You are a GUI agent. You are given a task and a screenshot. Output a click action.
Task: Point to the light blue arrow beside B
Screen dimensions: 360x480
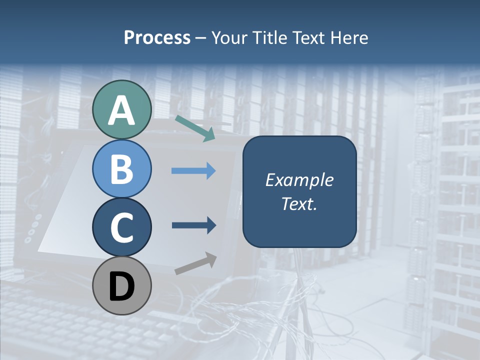click(193, 171)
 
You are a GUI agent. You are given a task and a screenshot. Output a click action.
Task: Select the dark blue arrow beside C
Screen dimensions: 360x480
click(193, 225)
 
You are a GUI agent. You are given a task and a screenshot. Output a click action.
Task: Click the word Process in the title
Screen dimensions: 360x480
click(157, 37)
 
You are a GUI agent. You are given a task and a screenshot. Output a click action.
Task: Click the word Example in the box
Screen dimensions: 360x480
click(299, 180)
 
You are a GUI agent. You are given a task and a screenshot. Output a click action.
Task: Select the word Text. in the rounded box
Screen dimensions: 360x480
click(299, 203)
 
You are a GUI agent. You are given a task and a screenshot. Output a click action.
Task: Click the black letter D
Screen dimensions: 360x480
click(121, 286)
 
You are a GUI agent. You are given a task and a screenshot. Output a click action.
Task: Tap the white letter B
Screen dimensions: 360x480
click(121, 169)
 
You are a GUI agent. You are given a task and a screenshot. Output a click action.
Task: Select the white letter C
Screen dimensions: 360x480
click(121, 227)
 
